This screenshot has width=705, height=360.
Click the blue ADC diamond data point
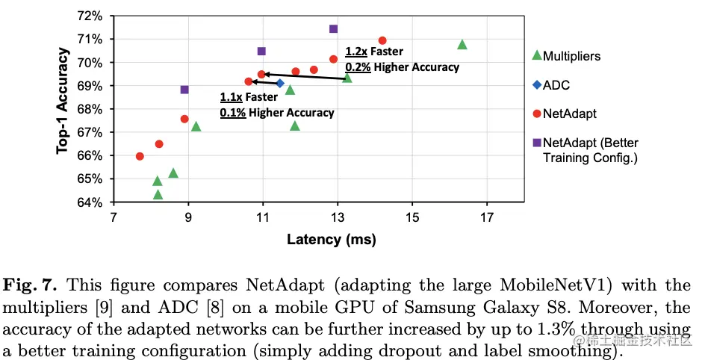[280, 84]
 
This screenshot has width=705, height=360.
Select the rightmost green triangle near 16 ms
[462, 45]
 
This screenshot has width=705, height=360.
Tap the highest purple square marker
[333, 29]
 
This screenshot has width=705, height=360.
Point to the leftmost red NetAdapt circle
[140, 156]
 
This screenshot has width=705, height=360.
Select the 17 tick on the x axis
[487, 217]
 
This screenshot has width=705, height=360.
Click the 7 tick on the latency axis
[114, 217]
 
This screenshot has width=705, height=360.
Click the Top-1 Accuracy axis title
[63, 101]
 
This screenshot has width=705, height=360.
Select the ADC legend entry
[556, 85]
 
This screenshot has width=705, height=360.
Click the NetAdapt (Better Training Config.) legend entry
[590, 149]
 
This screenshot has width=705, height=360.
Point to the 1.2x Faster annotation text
[374, 52]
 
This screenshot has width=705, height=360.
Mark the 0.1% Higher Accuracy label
[276, 113]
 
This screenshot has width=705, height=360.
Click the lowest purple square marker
[184, 90]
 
